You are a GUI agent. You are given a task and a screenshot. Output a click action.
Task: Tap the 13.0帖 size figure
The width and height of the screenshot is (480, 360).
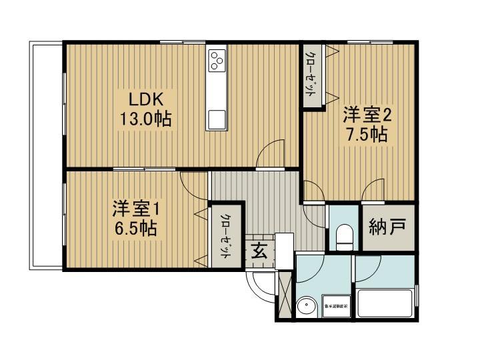146,120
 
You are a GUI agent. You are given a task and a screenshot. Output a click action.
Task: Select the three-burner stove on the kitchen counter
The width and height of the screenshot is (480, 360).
217,61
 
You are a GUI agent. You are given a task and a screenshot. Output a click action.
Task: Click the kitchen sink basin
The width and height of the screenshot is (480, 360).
217,119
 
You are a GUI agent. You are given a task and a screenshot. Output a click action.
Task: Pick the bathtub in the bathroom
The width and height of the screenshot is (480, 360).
386,303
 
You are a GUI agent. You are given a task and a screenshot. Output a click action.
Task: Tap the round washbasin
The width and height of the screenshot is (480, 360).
306,307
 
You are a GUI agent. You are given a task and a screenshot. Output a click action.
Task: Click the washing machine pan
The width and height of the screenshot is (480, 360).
335,305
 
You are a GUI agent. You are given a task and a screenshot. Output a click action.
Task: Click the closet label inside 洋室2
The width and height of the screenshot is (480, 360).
311,75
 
